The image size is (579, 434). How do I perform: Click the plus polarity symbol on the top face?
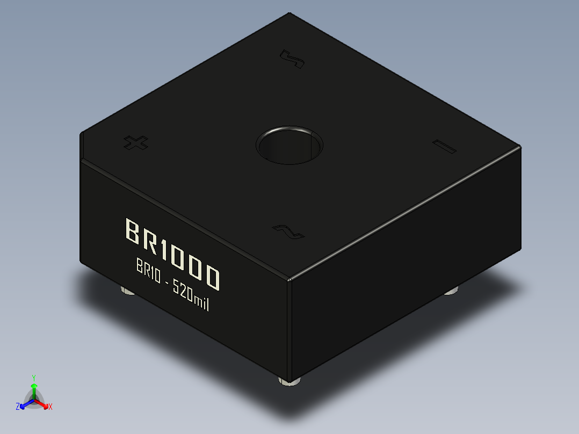click(x=135, y=142)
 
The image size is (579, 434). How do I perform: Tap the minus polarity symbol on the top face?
click(x=444, y=147)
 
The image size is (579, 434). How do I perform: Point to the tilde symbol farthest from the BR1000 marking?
click(x=293, y=60)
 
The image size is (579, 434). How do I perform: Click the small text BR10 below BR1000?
click(x=148, y=271)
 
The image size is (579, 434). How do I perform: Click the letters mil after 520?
click(x=201, y=303)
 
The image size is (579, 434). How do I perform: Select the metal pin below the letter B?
click(x=127, y=291)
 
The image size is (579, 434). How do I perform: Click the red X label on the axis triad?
click(x=50, y=407)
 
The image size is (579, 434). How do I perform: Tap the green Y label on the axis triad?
click(x=34, y=378)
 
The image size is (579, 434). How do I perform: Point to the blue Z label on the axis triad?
click(x=18, y=407)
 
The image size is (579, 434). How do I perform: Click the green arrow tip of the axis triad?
click(x=34, y=386)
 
